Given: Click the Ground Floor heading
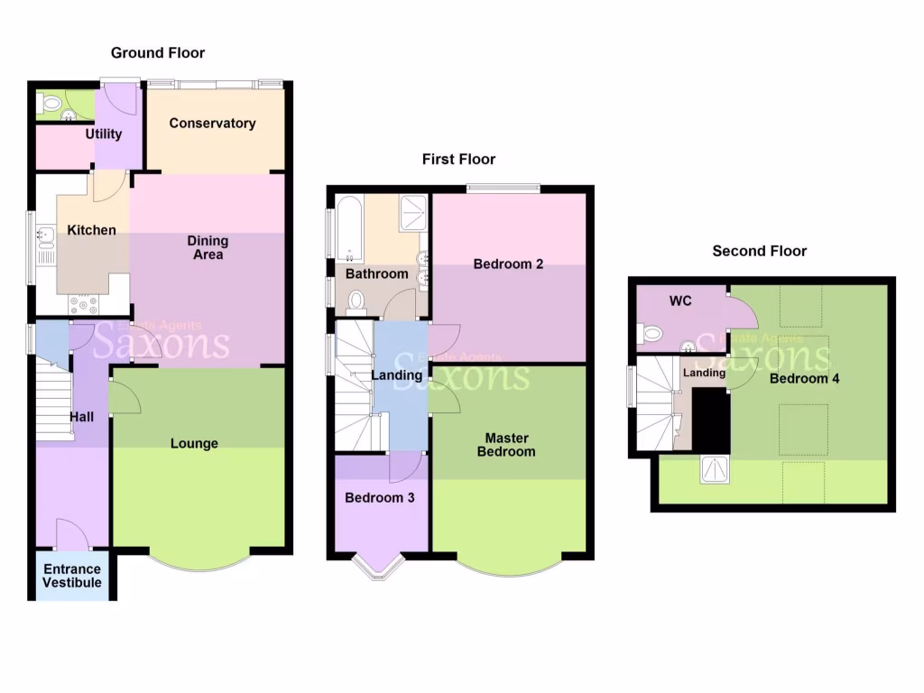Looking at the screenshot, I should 158,53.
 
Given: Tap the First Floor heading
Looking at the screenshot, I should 458,160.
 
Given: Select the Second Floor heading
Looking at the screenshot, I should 759,251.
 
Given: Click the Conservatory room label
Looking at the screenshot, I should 212,124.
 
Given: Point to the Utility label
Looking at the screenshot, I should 103,134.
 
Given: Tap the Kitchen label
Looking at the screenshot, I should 91,230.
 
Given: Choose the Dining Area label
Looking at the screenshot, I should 207,248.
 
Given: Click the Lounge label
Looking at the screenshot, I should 194,444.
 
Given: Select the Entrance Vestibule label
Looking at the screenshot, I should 72,576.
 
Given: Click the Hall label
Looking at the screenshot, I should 83,417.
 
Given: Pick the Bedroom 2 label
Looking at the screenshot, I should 509,264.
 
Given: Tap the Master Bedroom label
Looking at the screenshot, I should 506,445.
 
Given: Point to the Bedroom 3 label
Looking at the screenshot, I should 380,497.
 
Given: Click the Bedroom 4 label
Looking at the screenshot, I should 804,379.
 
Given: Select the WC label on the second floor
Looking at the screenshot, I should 680,301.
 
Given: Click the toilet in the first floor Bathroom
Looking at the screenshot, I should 356,300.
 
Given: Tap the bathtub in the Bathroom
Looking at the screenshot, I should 348,229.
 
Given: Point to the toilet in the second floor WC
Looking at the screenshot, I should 651,335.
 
